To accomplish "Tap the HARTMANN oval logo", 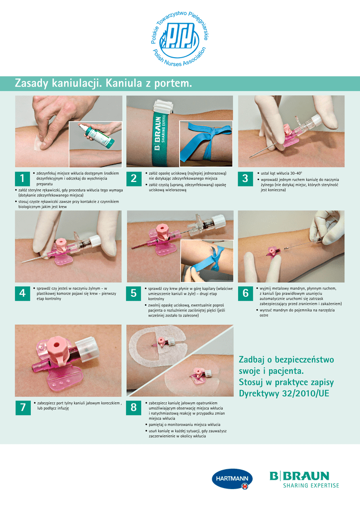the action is pos(232,479).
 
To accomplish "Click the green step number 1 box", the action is pos(22,178).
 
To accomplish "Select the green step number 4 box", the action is pos(22,293).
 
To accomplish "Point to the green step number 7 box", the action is pos(23,408).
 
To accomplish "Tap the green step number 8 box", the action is pos(134,408).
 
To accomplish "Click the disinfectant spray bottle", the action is pos(97,135).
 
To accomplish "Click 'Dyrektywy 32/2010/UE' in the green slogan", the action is pos(284,394).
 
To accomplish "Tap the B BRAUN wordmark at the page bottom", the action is pos(299,476).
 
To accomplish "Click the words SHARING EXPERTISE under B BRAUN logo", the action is pos(311,486).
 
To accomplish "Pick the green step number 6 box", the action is pos(246,293).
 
